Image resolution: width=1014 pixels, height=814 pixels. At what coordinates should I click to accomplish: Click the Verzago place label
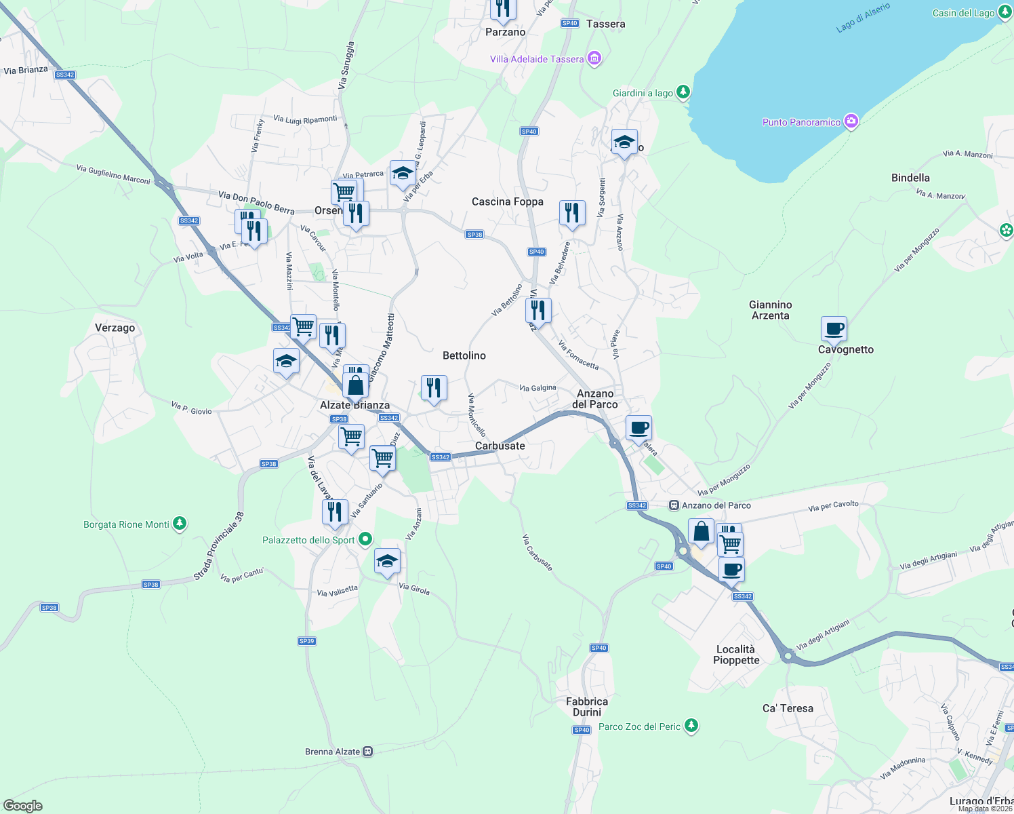tap(115, 328)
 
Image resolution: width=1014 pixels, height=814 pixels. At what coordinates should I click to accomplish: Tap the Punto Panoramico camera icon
tap(851, 122)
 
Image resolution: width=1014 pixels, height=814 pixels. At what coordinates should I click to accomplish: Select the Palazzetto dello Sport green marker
tap(365, 539)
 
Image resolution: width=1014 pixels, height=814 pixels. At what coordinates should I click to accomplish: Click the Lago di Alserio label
tap(863, 18)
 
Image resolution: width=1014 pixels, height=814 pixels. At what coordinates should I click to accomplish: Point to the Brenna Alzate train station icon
tap(367, 752)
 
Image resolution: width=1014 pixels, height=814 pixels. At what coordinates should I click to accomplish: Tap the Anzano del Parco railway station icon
tap(674, 505)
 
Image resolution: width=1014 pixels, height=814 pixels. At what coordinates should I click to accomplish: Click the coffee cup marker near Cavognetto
tap(834, 329)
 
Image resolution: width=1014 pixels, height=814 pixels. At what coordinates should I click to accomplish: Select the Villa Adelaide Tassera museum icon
tap(594, 59)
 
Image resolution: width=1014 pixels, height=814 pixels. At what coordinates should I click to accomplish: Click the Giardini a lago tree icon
tap(683, 92)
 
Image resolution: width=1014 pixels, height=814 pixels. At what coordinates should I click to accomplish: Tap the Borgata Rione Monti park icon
tap(180, 524)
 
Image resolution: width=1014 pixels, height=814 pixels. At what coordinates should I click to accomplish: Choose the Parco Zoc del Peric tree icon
tap(691, 726)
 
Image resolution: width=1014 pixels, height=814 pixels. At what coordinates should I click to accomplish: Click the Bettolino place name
tap(464, 355)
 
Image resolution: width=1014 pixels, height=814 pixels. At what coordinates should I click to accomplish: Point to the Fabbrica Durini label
tap(587, 707)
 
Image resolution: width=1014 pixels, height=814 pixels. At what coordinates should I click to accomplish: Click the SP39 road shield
tap(307, 641)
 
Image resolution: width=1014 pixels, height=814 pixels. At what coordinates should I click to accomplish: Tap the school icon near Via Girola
tap(387, 561)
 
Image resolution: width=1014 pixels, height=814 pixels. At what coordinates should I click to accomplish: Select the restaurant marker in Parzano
tap(503, 8)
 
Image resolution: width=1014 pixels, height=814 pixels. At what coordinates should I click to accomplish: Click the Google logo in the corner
tap(22, 805)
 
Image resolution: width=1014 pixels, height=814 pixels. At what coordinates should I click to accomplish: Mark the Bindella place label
tap(910, 178)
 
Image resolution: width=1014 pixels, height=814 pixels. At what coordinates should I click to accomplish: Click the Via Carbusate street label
tap(538, 552)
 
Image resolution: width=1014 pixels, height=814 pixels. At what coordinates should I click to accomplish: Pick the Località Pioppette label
tap(735, 655)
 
